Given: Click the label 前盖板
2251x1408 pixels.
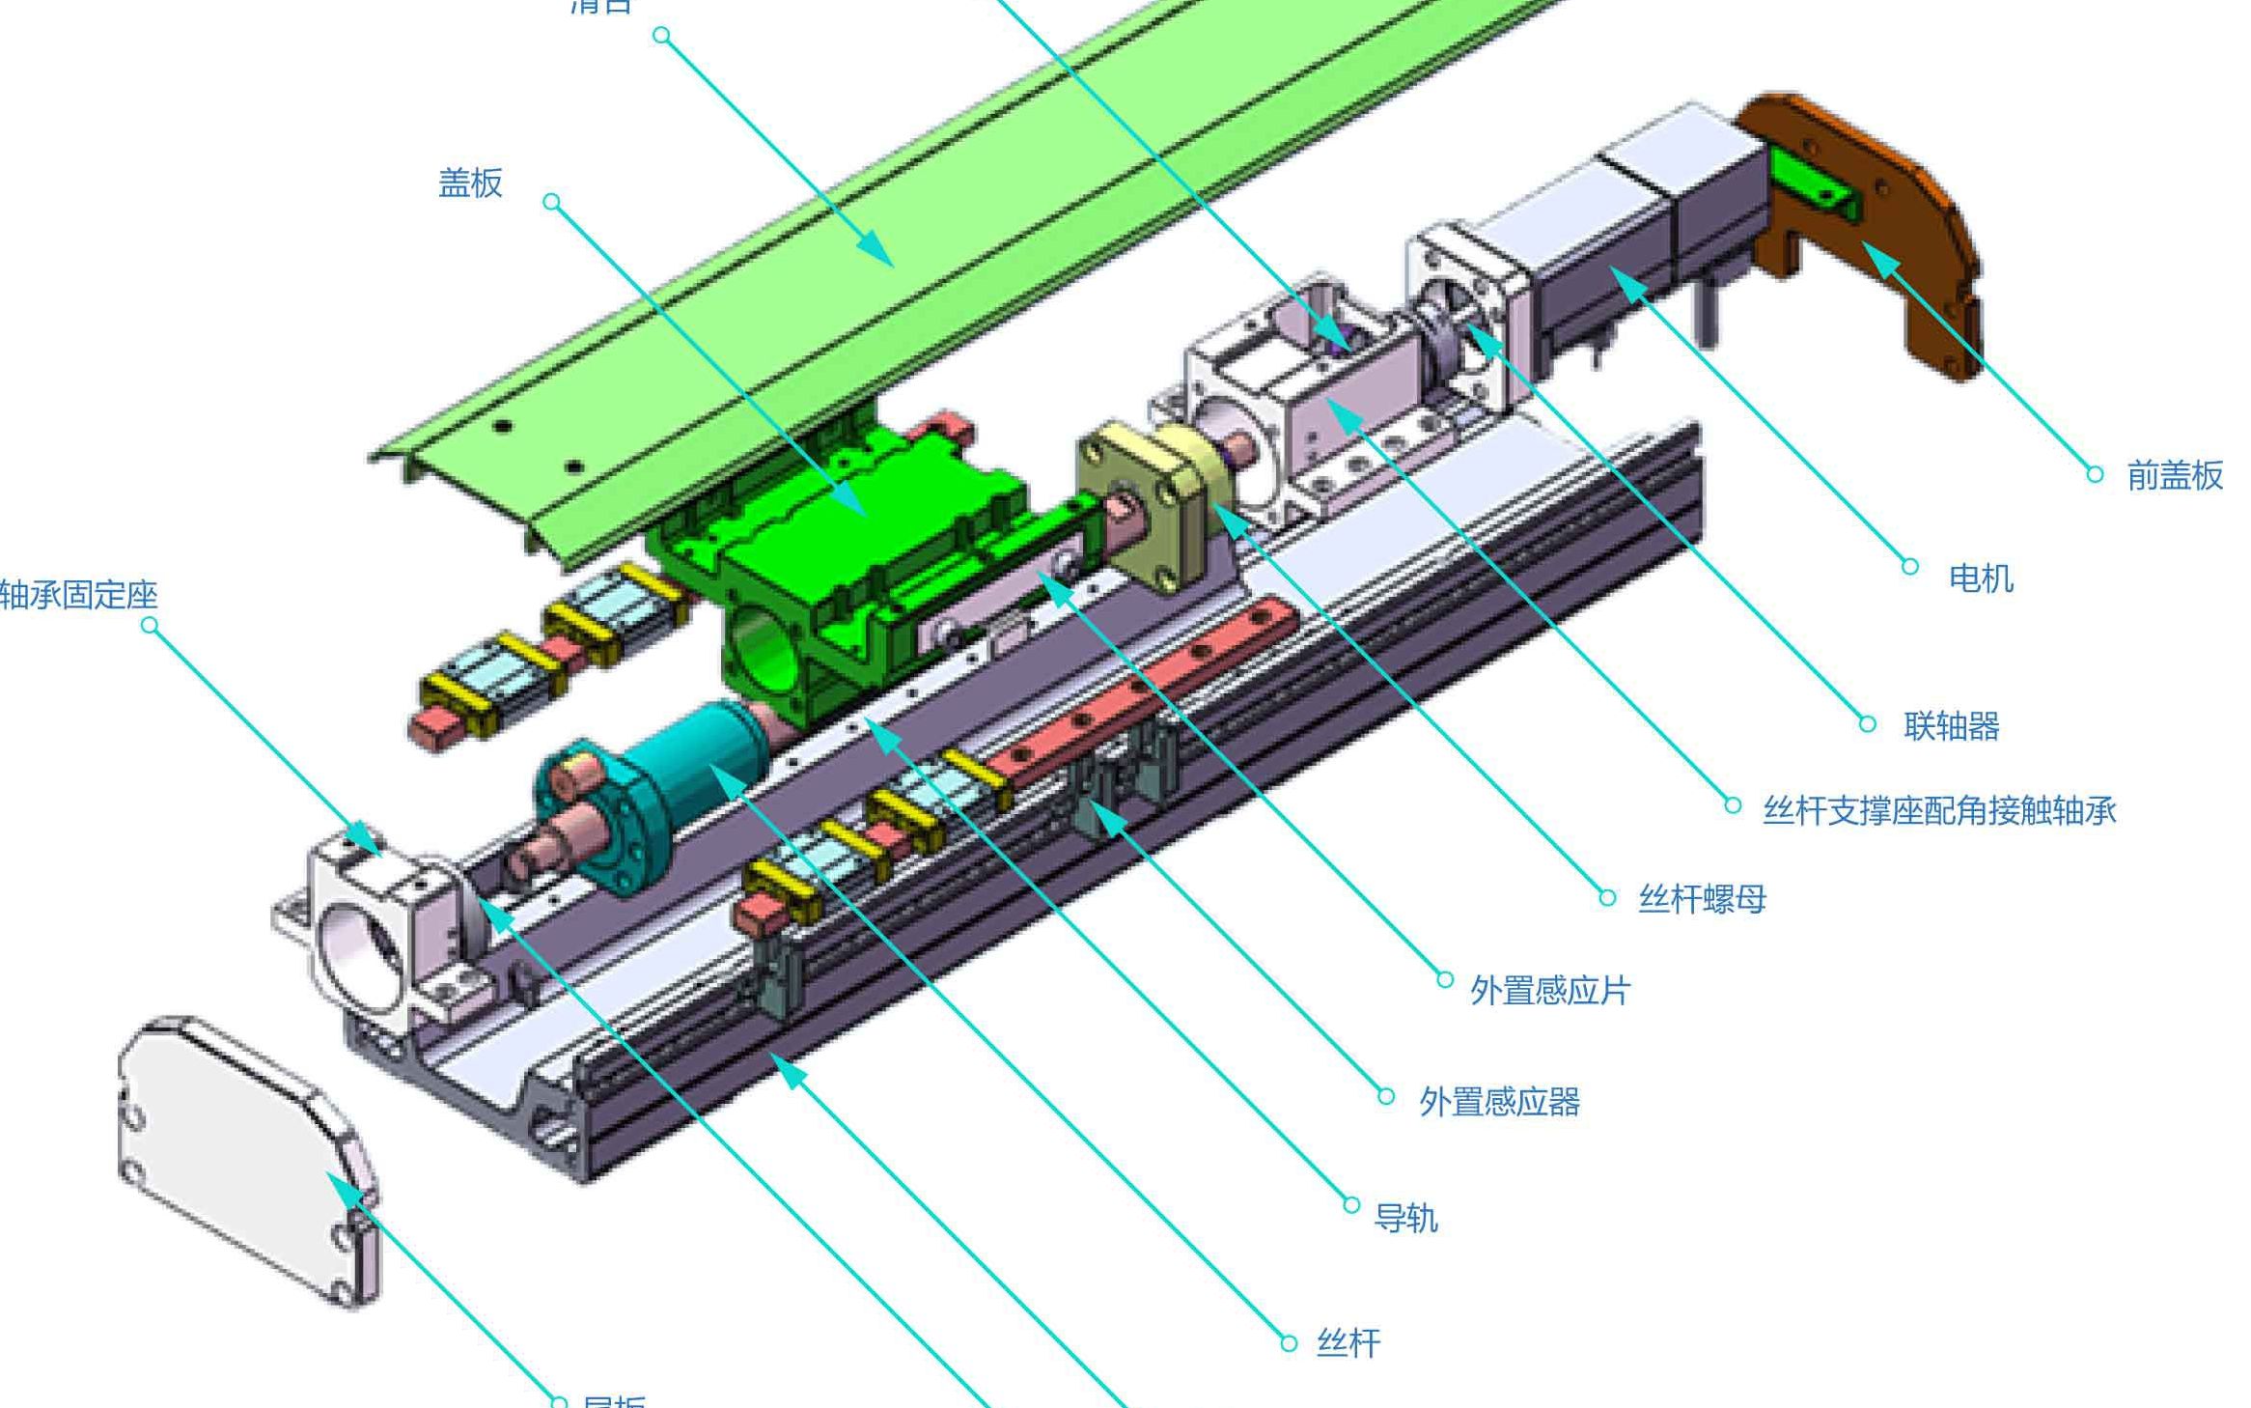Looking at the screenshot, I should (2174, 476).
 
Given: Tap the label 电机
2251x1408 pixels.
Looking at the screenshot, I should (1981, 578).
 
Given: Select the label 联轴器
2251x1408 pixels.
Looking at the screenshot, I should (1951, 726).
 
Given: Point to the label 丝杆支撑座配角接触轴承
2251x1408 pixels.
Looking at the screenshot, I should (1938, 810).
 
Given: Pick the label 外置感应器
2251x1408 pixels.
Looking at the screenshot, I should (1499, 1102).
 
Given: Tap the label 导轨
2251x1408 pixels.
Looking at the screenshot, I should (1405, 1219).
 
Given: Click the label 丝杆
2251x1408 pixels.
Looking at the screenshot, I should (1348, 1343).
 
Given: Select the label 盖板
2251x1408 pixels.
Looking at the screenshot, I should (470, 183).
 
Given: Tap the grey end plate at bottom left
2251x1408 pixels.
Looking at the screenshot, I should (241, 1159).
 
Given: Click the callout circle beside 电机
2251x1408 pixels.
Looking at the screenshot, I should (1909, 567).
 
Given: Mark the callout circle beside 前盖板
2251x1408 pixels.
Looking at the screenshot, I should (2094, 474).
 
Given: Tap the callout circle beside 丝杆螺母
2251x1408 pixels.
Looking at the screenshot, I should (1606, 898).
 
